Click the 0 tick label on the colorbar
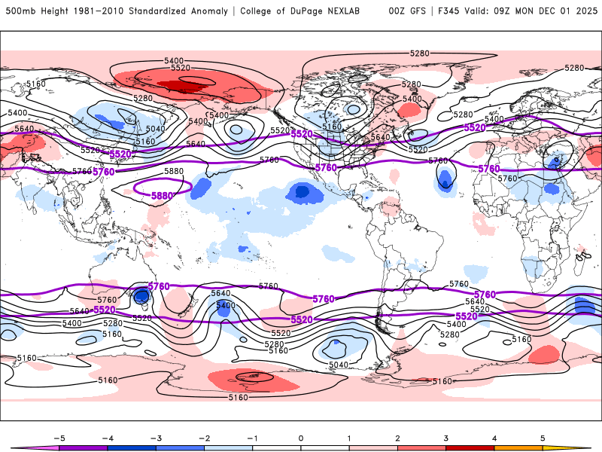[300, 437]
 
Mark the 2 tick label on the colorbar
[397, 437]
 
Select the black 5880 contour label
[174, 172]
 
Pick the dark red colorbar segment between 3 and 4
[470, 448]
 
